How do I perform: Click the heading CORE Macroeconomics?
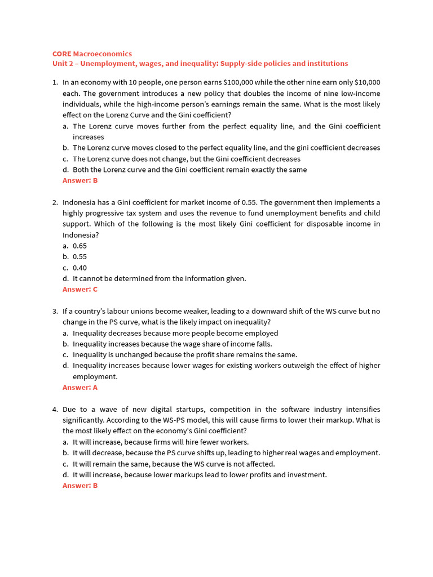pyautogui.click(x=92, y=54)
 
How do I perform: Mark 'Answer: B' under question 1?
pyautogui.click(x=80, y=180)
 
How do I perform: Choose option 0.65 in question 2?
pyautogui.click(x=79, y=246)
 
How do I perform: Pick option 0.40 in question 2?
pyautogui.click(x=79, y=268)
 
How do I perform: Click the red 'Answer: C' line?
pyautogui.click(x=80, y=289)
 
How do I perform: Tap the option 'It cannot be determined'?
pyautogui.click(x=159, y=278)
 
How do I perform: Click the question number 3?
pyautogui.click(x=55, y=311)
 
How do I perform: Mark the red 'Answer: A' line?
pyautogui.click(x=80, y=387)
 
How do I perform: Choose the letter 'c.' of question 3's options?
pyautogui.click(x=66, y=354)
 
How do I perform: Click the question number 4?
pyautogui.click(x=55, y=409)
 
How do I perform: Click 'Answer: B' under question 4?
pyautogui.click(x=80, y=485)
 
